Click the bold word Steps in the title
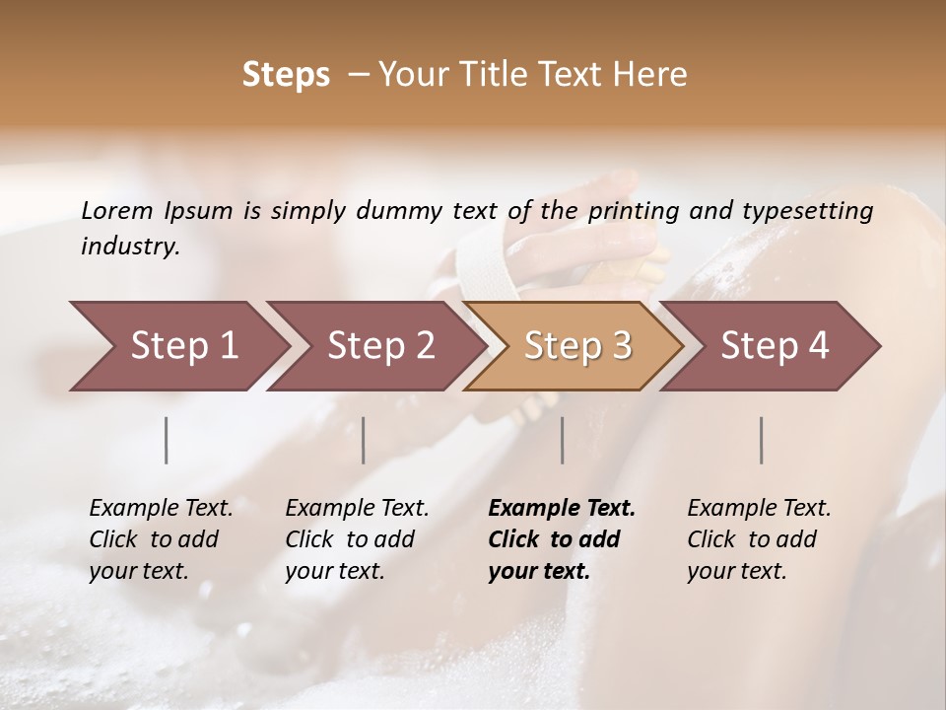click(x=286, y=75)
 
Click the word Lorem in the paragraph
click(x=117, y=210)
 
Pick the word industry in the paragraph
click(x=130, y=247)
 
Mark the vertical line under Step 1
click(x=167, y=440)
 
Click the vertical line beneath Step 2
click(x=364, y=440)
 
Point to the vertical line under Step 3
click(x=563, y=440)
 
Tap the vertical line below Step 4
click(x=762, y=440)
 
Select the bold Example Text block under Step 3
click(x=562, y=539)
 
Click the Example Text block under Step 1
click(x=161, y=539)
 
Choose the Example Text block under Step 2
click(x=357, y=539)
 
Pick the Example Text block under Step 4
click(x=759, y=539)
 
